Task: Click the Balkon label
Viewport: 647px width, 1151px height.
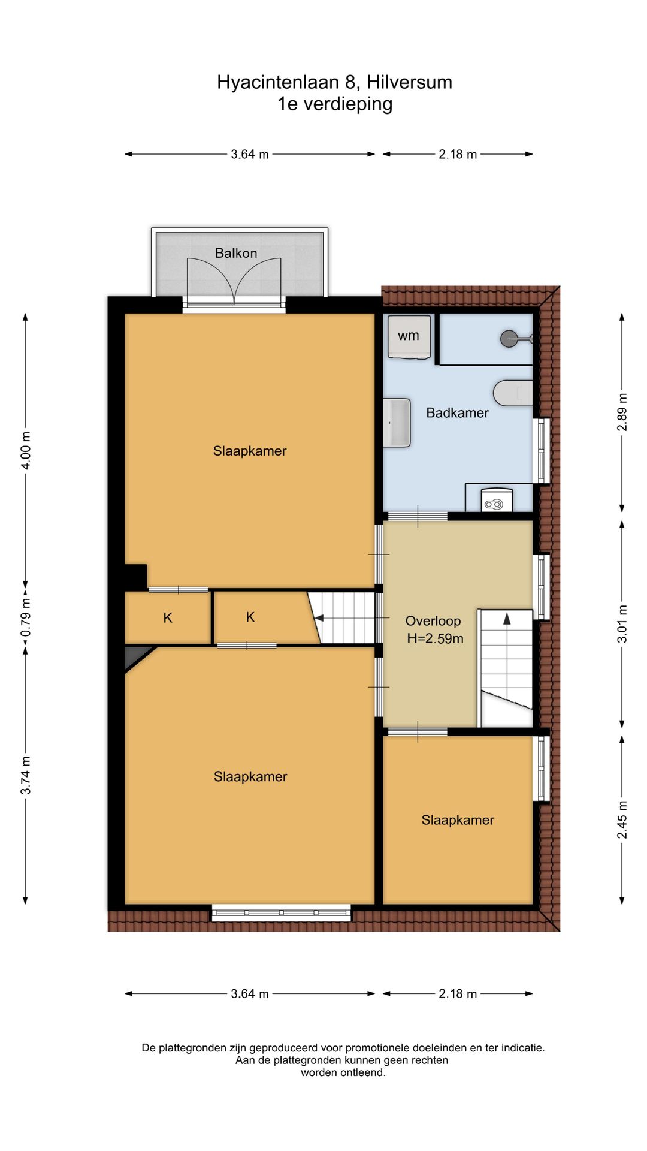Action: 236,253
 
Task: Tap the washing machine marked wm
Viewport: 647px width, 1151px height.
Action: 409,337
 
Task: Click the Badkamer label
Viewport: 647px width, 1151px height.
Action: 457,412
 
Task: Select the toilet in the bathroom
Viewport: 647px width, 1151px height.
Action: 513,393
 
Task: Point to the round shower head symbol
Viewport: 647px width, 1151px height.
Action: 509,338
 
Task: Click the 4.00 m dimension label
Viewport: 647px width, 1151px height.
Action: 26,451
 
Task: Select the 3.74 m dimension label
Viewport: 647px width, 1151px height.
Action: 26,775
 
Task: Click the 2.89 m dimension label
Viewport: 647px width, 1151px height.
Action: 622,412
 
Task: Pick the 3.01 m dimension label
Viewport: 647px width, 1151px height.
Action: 622,624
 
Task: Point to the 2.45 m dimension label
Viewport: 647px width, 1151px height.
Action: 622,819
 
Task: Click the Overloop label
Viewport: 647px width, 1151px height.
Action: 433,621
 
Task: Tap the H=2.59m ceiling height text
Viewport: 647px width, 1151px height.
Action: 436,638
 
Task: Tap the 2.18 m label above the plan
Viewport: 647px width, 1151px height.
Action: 458,154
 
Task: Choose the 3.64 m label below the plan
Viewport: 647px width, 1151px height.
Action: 250,993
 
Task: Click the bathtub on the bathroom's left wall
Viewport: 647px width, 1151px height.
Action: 397,423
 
